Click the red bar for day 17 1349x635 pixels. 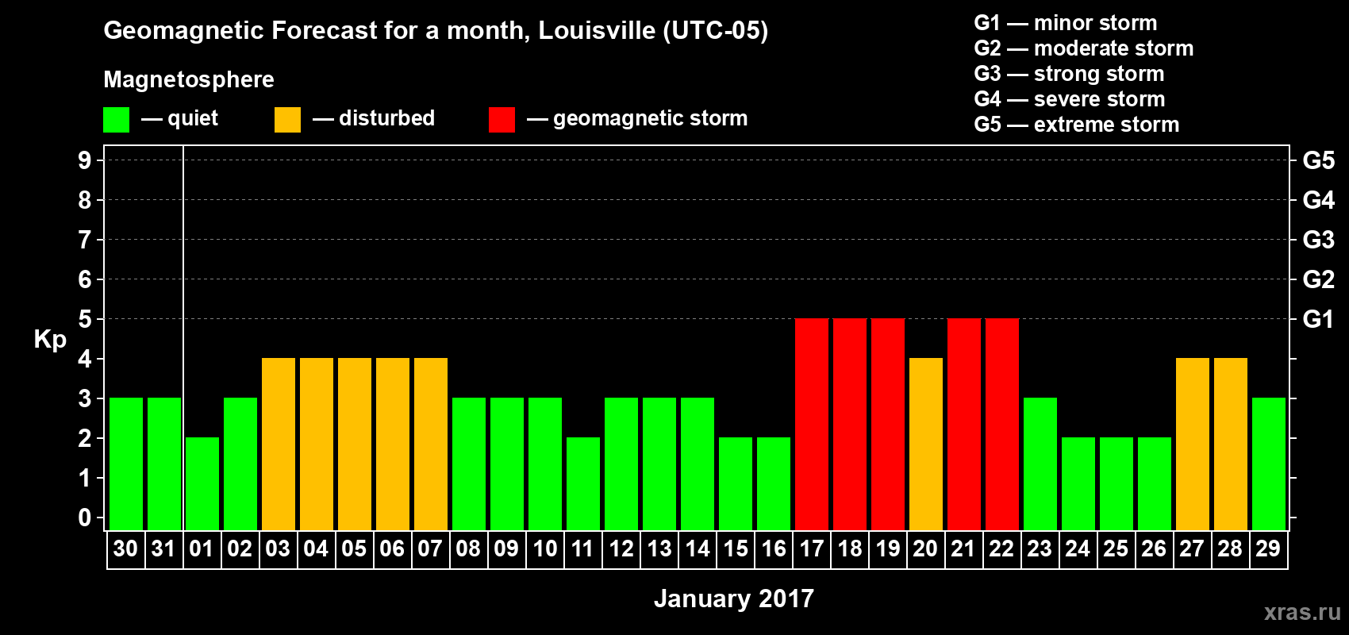tap(812, 424)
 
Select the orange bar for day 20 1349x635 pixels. tap(926, 444)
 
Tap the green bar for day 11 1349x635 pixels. tap(583, 483)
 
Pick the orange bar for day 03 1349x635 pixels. tap(279, 444)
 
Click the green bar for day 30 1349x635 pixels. tap(126, 464)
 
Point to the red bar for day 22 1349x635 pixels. tap(1002, 424)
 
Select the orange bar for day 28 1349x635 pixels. tap(1231, 444)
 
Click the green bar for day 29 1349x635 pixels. tap(1269, 464)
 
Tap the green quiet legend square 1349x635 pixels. tap(117, 120)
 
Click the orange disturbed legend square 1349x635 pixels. tap(287, 120)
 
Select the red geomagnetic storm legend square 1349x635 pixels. tap(502, 120)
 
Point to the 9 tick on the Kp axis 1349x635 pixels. tap(85, 160)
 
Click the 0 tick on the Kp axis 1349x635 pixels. tap(85, 518)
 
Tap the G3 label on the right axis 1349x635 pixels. tap(1318, 240)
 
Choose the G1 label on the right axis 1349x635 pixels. tap(1318, 319)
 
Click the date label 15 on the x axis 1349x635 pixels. tap(736, 548)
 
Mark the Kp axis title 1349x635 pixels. tap(50, 340)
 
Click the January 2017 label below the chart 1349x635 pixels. tap(734, 598)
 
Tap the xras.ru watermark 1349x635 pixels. tap(1302, 612)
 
